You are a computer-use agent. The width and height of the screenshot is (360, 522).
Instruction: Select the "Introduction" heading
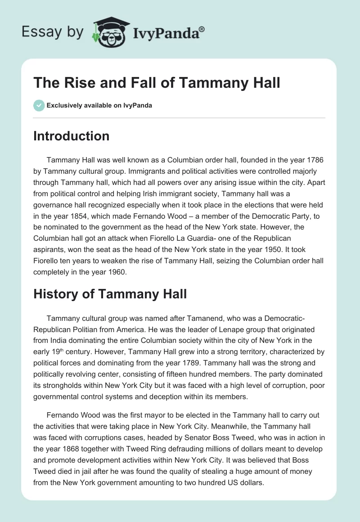[x=71, y=136]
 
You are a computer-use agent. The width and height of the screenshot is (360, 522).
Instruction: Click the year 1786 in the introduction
[x=315, y=160]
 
